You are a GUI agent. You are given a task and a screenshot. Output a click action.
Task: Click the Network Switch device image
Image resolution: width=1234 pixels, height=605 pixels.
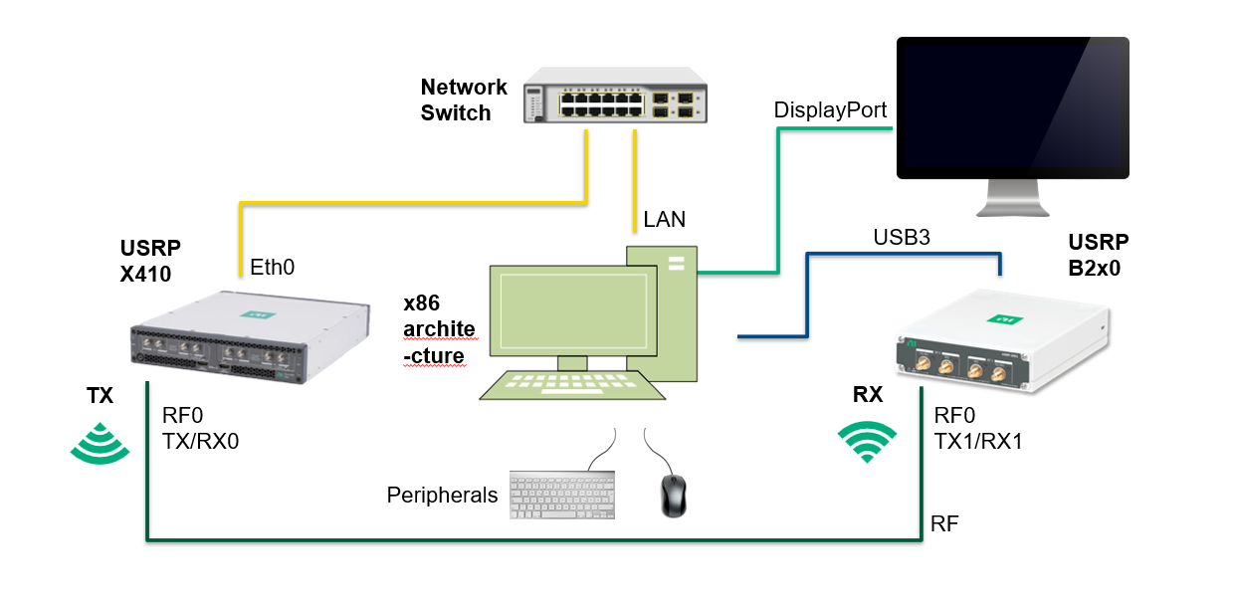[x=615, y=97]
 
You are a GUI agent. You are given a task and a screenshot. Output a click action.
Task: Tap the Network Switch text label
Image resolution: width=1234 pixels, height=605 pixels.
[x=463, y=101]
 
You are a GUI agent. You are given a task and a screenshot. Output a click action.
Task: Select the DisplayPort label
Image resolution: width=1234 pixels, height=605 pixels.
[x=830, y=110]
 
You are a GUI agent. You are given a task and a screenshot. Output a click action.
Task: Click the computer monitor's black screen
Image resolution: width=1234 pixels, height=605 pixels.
[x=1012, y=107]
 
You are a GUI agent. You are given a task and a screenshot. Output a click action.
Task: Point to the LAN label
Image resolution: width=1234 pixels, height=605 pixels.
[x=664, y=220]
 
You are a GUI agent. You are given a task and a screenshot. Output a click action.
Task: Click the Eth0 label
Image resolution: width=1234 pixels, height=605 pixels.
[x=273, y=267]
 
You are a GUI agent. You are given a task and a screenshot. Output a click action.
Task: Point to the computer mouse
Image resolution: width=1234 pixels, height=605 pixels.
[x=674, y=495]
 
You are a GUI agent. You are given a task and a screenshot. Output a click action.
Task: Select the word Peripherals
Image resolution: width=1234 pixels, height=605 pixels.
[x=442, y=495]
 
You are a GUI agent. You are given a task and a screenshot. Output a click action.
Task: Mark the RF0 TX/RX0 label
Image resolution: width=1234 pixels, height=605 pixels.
[x=200, y=428]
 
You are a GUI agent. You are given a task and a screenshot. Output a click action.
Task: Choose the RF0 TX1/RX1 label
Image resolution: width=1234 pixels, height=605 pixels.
[x=979, y=428]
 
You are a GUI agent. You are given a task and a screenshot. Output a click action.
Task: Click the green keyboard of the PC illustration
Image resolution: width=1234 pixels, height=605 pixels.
[x=572, y=385]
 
